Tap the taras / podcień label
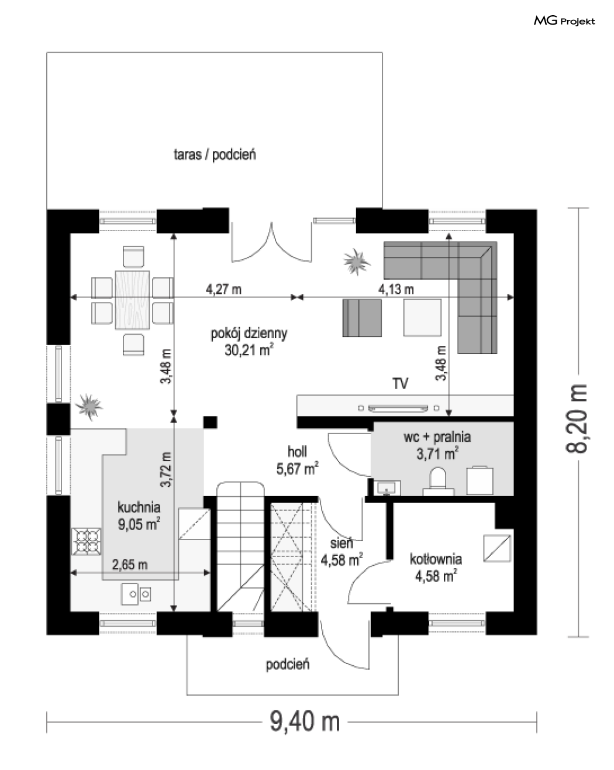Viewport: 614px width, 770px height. [x=215, y=155]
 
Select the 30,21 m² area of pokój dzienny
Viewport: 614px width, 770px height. [x=249, y=350]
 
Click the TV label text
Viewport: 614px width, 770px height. [x=400, y=384]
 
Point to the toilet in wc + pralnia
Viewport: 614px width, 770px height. [x=438, y=481]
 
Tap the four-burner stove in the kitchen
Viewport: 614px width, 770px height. [x=86, y=542]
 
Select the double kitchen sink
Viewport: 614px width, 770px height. [x=136, y=594]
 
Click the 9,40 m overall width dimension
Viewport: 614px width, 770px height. [x=305, y=721]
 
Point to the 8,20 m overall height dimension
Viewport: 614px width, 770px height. [x=576, y=419]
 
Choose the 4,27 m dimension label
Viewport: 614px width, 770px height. [x=223, y=289]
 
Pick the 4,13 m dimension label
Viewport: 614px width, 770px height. [x=396, y=289]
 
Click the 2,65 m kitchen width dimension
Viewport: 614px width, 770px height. [x=130, y=565]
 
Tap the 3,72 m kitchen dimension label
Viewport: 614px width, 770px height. [x=166, y=469]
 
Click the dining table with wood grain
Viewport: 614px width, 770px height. [x=132, y=300]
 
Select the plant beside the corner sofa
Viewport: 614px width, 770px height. [x=357, y=262]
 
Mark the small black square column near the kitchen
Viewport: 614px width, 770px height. [x=211, y=422]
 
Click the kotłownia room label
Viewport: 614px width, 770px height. [x=436, y=559]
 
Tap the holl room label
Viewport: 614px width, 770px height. [x=298, y=452]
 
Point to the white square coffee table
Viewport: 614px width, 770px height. [x=422, y=318]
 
